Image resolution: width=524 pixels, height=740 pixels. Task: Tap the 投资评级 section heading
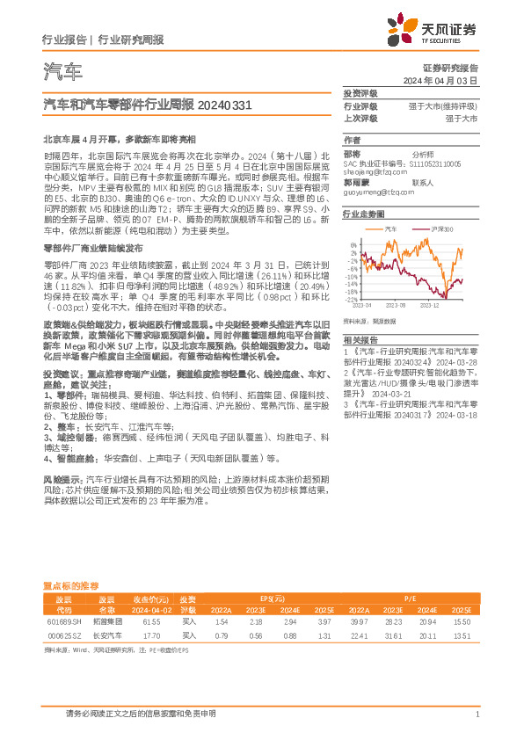(x=360, y=93)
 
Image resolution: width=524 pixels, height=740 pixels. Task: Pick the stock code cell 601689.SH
(x=62, y=620)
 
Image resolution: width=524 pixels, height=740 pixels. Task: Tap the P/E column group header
(x=409, y=595)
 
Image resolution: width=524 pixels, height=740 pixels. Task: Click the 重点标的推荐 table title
(x=70, y=584)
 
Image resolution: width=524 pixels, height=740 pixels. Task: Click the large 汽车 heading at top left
(x=62, y=71)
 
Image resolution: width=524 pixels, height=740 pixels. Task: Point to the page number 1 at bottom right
(x=476, y=715)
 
